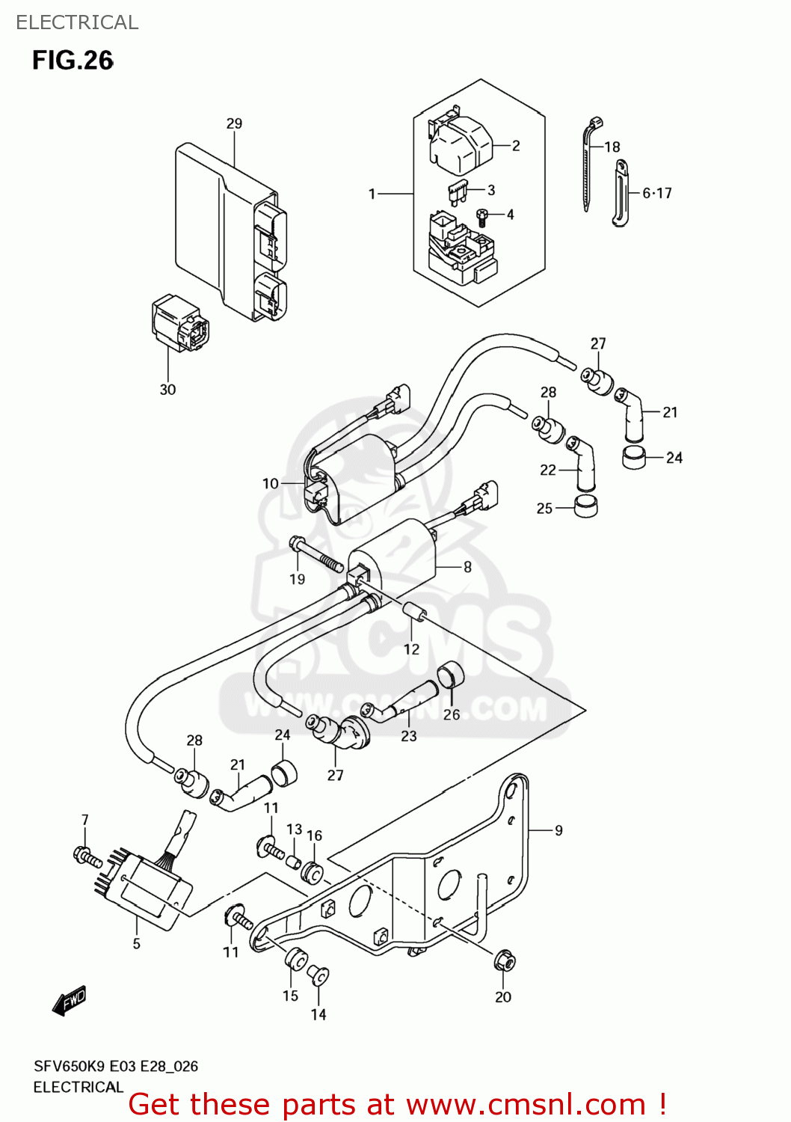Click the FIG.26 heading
73,61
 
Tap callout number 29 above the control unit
234,123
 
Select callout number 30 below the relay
167,390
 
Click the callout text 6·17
657,193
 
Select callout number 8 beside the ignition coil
467,567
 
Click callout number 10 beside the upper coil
271,483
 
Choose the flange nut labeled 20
505,960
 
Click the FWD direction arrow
69,1001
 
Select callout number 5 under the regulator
136,944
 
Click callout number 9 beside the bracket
558,830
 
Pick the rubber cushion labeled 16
313,873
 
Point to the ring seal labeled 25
585,506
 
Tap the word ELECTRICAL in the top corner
77,22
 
